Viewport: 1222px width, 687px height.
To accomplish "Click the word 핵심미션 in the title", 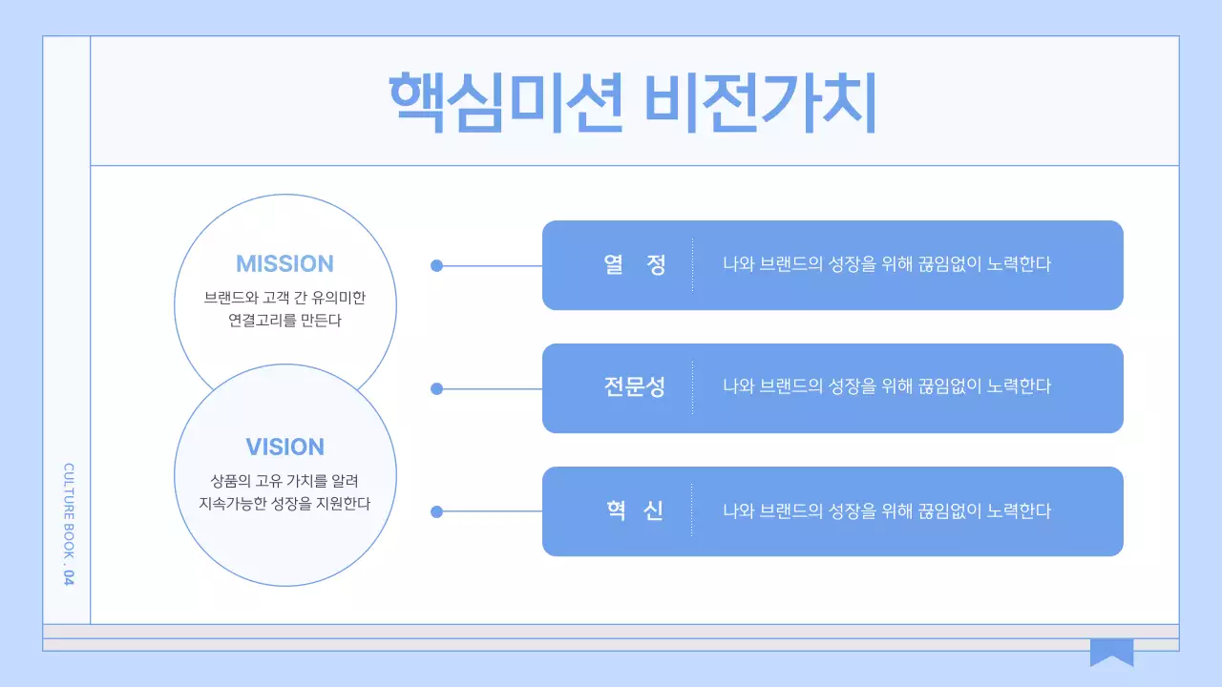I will tap(506, 103).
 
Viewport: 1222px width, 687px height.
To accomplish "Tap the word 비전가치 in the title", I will tap(760, 103).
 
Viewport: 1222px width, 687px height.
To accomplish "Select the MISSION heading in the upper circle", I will tap(284, 264).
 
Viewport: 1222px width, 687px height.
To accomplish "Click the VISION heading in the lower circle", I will tap(284, 447).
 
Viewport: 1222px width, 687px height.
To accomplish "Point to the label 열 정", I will tap(635, 264).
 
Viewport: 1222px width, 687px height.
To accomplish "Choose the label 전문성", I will tap(635, 387).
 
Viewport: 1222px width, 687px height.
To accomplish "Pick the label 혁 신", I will tap(635, 510).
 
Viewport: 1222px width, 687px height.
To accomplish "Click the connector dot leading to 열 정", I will tap(437, 266).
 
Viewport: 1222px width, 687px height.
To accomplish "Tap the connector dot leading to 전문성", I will tap(437, 388).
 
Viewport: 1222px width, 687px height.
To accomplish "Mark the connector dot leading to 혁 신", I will tap(437, 511).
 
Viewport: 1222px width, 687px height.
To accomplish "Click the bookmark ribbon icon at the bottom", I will tap(1111, 652).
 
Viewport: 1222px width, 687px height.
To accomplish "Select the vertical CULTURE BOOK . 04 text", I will tap(68, 524).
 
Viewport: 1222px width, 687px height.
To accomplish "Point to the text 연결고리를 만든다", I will tap(284, 321).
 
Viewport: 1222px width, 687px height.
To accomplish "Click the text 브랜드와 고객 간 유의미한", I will tap(284, 298).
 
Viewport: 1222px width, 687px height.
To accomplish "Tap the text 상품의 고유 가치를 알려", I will tap(284, 480).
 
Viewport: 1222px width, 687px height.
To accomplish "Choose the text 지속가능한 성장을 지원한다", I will tap(284, 503).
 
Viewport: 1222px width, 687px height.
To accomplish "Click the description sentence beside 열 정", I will tap(886, 264).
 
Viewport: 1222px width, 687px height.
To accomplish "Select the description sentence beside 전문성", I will tap(886, 387).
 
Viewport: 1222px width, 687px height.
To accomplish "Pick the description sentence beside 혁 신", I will tap(886, 510).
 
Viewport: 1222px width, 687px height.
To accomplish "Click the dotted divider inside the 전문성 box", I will tap(692, 387).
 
